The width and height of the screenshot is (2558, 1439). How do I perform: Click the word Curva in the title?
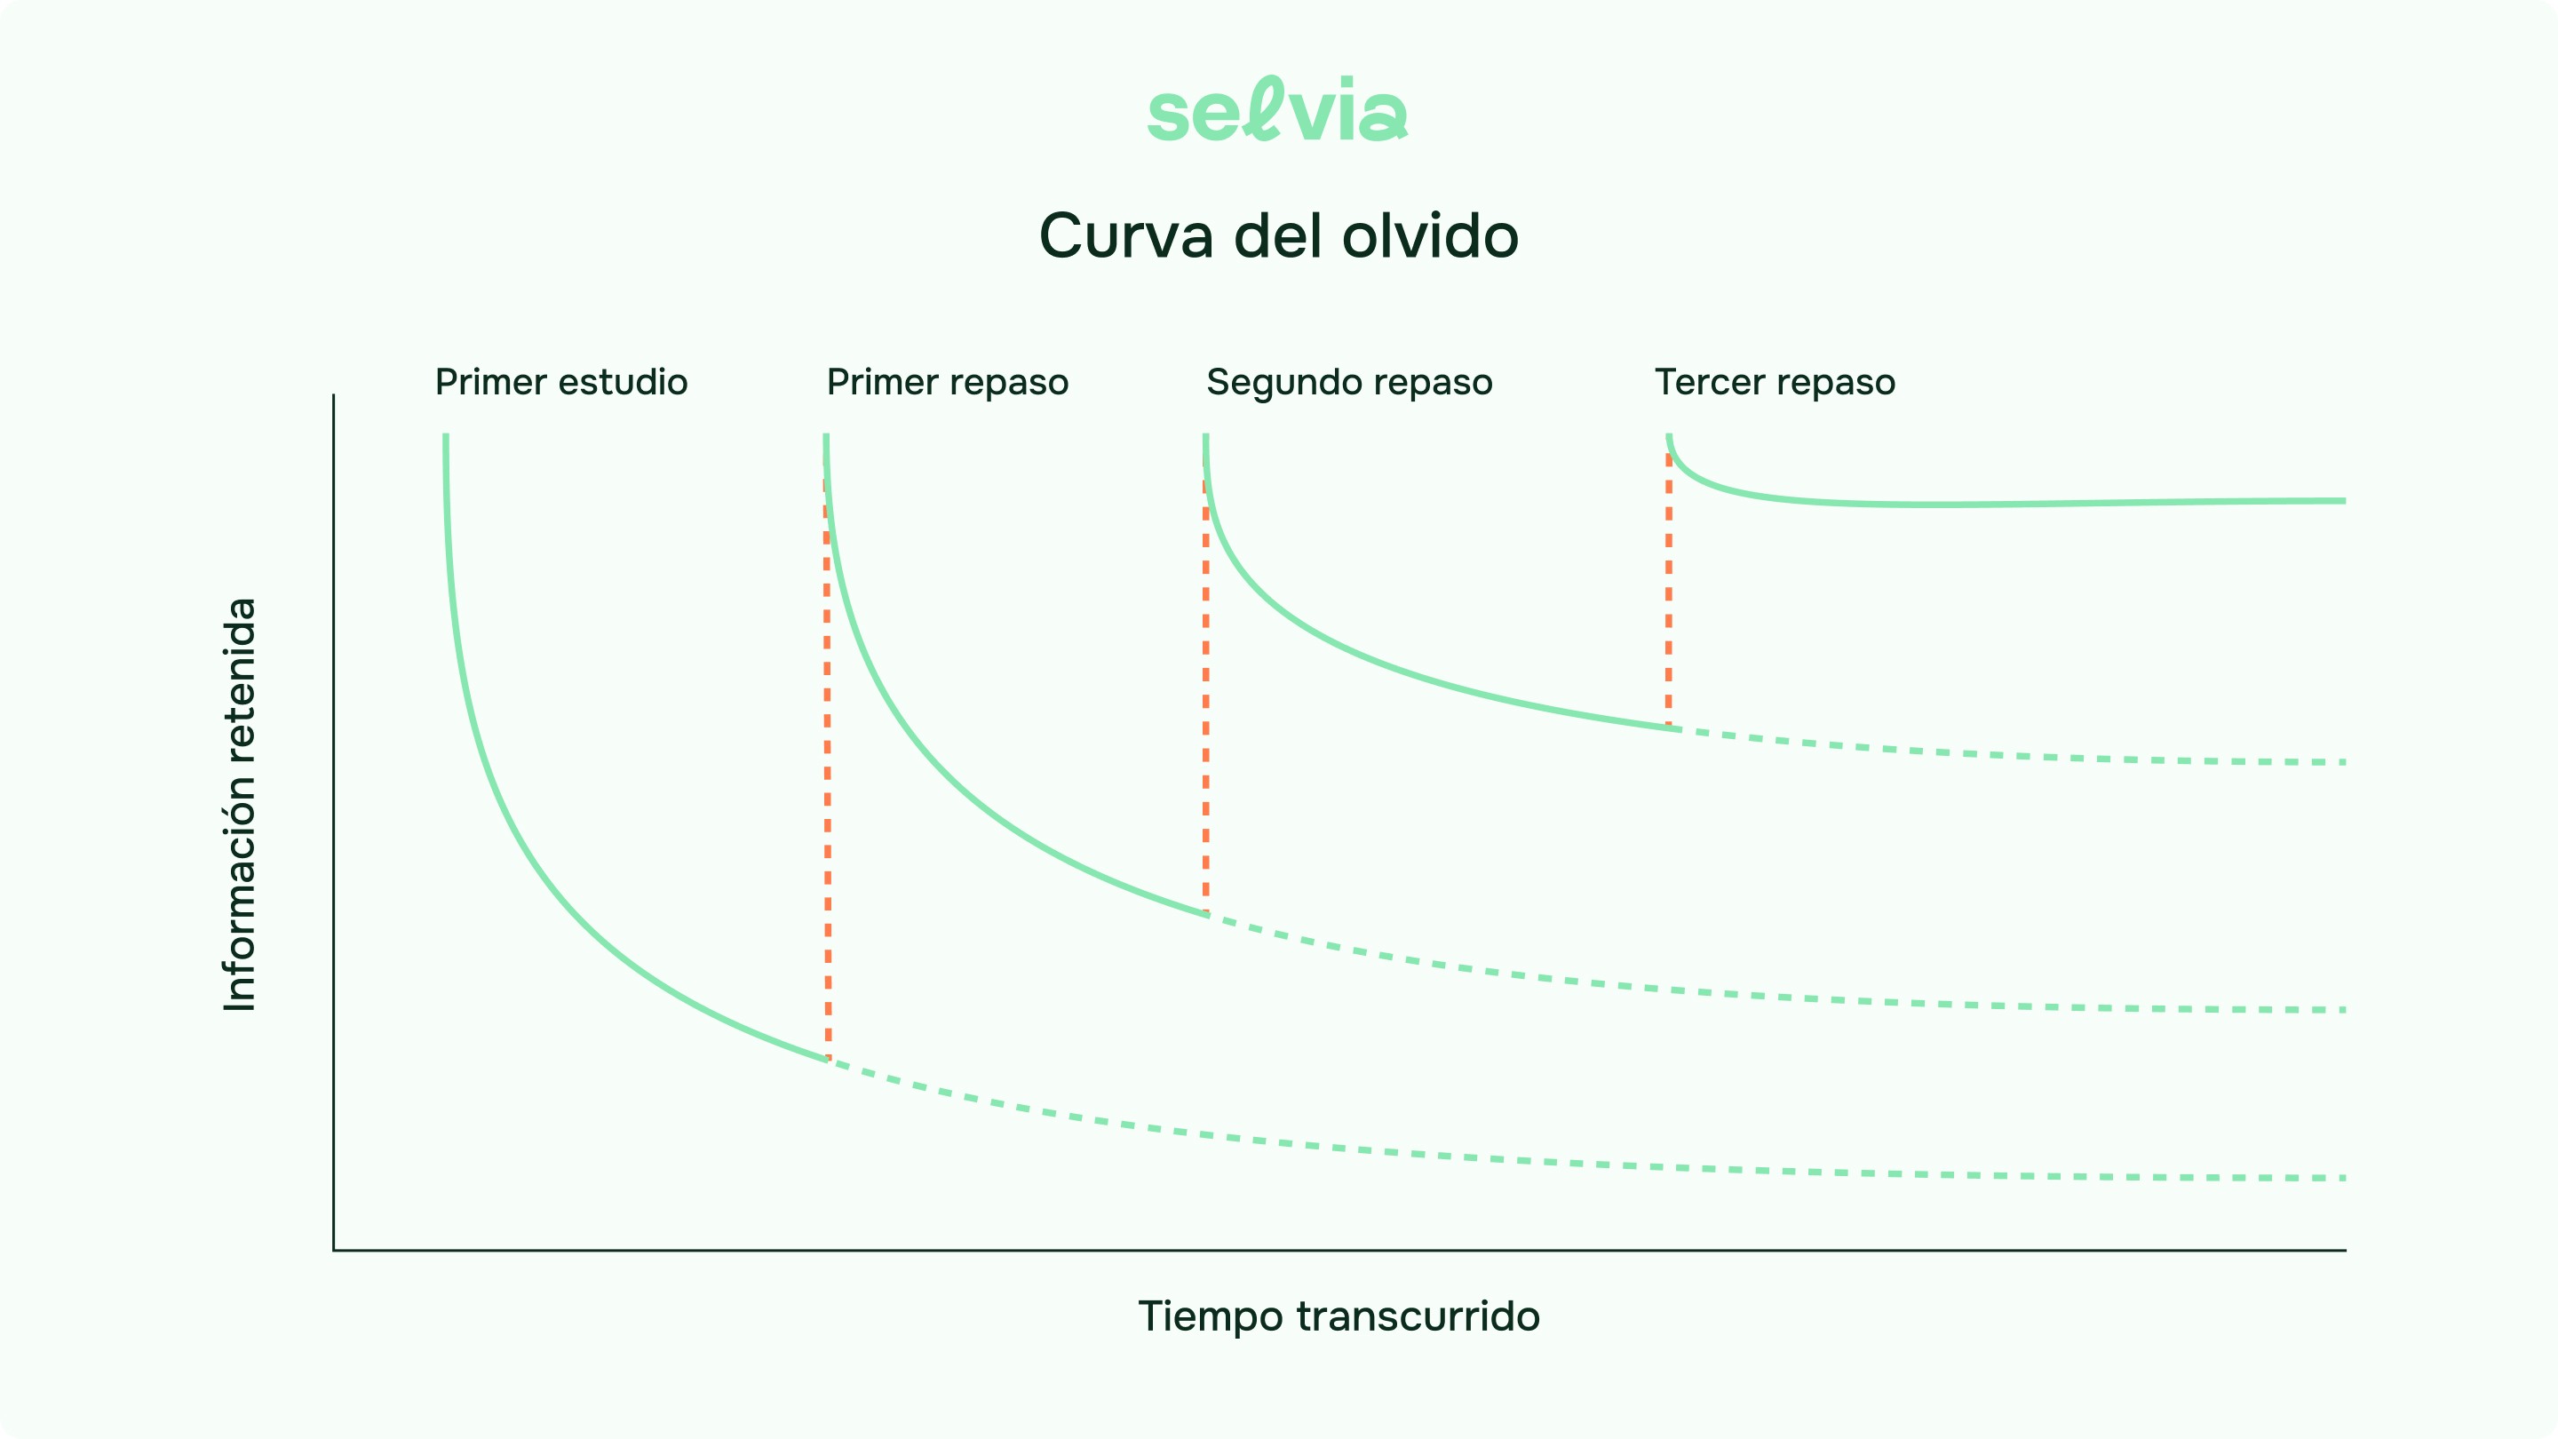pyautogui.click(x=1126, y=236)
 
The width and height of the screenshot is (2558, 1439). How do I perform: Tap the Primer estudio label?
pyautogui.click(x=561, y=382)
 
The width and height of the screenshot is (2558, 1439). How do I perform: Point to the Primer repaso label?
pyautogui.click(x=948, y=382)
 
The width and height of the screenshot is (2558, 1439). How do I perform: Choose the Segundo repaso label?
pyautogui.click(x=1348, y=382)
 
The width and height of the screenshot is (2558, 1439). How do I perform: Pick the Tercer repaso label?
pyautogui.click(x=1775, y=382)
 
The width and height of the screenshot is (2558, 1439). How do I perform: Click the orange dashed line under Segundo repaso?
pyautogui.click(x=1205, y=696)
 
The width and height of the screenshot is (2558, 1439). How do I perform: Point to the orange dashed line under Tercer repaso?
pyautogui.click(x=1668, y=596)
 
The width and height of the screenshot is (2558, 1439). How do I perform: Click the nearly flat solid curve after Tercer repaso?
pyautogui.click(x=1986, y=505)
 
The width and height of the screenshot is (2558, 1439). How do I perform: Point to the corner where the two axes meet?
pyautogui.click(x=334, y=1249)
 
